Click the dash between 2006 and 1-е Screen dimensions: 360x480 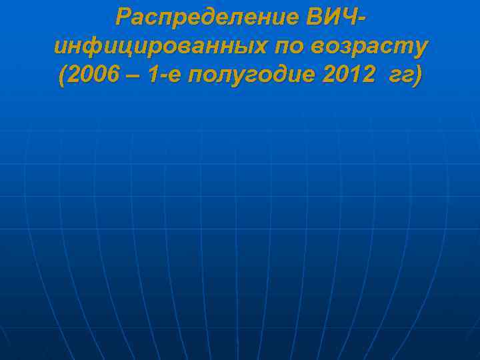(134, 77)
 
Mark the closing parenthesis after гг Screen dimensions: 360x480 (417, 77)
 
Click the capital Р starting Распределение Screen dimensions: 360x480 (122, 17)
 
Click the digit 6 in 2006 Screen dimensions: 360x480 (113, 77)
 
